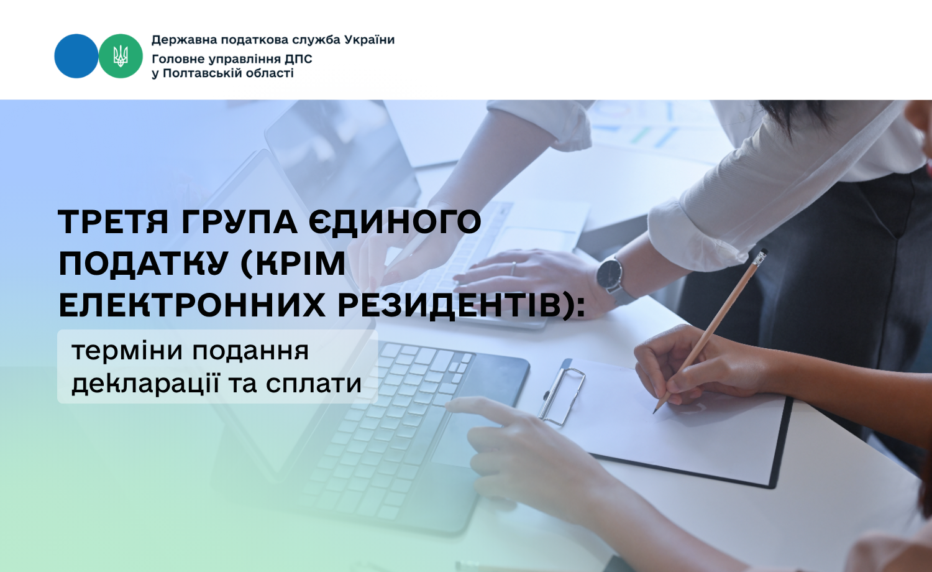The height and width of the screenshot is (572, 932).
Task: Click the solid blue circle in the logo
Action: coord(76,56)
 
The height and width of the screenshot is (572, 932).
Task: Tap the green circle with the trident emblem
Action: coord(121,56)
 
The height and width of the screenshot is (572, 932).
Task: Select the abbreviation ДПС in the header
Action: coord(298,59)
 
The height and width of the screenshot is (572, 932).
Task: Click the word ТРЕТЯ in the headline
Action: coord(112,221)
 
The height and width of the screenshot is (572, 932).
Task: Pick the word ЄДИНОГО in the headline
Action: coord(395,221)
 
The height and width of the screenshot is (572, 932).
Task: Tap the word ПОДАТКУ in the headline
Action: coord(144,264)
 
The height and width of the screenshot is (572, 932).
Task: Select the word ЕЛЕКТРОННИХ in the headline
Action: coord(192,305)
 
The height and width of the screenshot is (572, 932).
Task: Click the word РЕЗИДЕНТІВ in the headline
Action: coord(449,305)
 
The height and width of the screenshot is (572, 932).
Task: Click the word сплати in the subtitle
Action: coord(314,384)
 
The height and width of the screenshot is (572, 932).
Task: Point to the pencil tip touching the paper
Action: coord(654,412)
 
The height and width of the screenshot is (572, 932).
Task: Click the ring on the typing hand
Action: coord(513,269)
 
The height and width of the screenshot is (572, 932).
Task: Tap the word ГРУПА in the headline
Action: coord(239,221)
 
